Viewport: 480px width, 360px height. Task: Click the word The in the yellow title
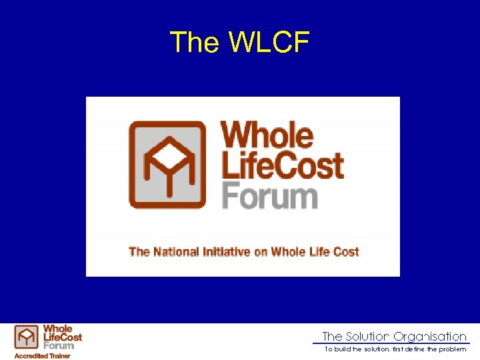(x=195, y=43)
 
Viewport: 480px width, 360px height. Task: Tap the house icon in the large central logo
(x=166, y=165)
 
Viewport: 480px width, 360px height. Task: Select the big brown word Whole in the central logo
(x=267, y=135)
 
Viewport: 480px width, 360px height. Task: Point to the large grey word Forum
(x=269, y=197)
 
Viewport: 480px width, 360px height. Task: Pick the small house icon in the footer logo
(x=27, y=337)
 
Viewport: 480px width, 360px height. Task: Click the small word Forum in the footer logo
(x=59, y=345)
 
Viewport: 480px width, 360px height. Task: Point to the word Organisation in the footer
(x=430, y=337)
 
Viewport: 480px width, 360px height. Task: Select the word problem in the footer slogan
(x=453, y=349)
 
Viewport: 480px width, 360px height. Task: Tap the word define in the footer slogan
(x=415, y=349)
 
